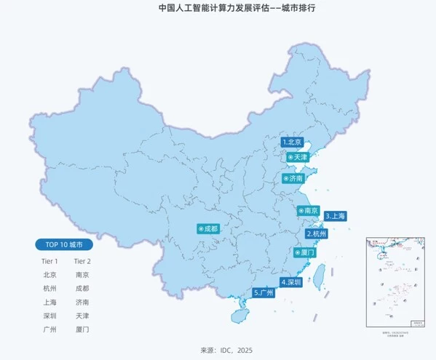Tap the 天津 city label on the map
[298, 157]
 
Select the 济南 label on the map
[294, 178]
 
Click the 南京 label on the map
[309, 211]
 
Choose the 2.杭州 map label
[317, 234]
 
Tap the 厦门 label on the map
[304, 253]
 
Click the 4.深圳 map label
[290, 282]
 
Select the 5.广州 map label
[263, 293]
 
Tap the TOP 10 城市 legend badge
[64, 244]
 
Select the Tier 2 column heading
[82, 260]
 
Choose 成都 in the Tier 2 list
[82, 288]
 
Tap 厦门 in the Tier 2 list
[82, 329]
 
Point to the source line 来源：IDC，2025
[218, 350]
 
